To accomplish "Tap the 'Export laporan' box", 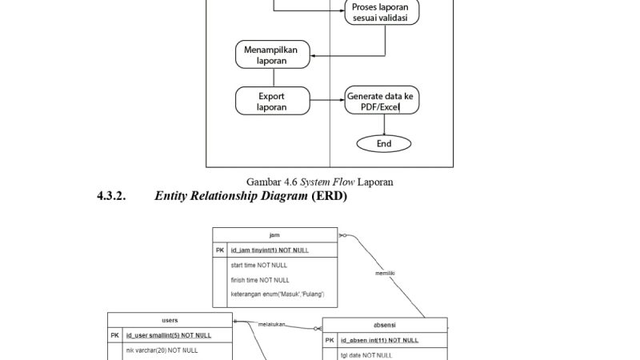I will point(272,101).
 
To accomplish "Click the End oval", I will point(384,143).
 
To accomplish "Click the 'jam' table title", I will point(274,234).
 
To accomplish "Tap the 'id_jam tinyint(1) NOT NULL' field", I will point(270,250).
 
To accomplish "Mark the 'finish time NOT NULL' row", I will point(260,280).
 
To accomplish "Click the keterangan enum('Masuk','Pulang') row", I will point(277,294).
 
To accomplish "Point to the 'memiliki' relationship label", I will point(386,274).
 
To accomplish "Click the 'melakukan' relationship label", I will point(274,324).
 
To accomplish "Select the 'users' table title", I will point(170,320).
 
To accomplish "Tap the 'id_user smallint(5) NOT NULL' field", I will point(169,335).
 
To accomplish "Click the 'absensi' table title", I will point(384,325).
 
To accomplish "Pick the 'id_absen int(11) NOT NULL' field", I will point(379,340).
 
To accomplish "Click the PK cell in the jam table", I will point(220,250).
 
